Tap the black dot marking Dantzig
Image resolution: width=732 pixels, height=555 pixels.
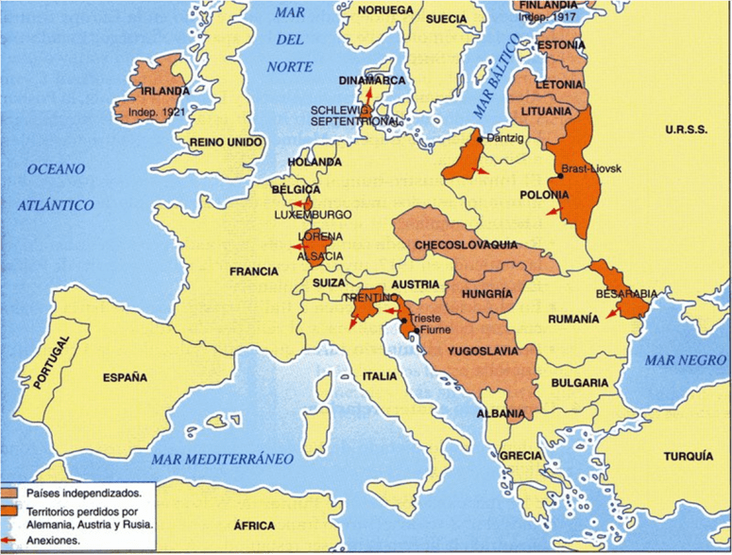pyautogui.click(x=480, y=139)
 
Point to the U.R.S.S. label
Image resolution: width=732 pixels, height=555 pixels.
pyautogui.click(x=686, y=130)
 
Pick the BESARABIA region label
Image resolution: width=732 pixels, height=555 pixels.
pyautogui.click(x=626, y=293)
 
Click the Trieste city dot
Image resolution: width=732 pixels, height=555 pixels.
pyautogui.click(x=405, y=320)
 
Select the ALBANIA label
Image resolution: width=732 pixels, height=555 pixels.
pyautogui.click(x=501, y=414)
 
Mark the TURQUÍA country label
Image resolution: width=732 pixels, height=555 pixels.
pyautogui.click(x=689, y=456)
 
